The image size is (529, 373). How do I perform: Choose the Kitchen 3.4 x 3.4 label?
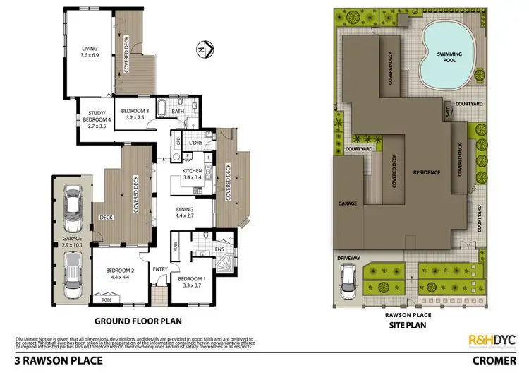point(193,173)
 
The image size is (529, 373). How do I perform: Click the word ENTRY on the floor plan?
point(161,268)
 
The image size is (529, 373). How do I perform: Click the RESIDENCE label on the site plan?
point(427,172)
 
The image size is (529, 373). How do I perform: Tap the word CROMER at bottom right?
point(497,361)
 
